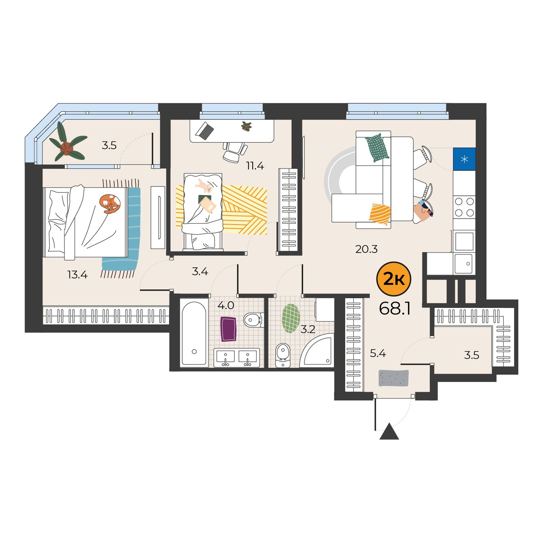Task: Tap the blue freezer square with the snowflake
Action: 464,159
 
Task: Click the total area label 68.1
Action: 394,309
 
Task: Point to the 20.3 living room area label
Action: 367,249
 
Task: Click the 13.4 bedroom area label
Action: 77,274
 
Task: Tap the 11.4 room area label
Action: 255,166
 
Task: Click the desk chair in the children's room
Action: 235,152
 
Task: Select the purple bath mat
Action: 228,329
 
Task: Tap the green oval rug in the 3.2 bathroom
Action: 291,318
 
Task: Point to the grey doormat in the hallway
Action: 394,378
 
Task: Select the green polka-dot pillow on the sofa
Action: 377,147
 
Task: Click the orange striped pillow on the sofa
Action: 380,214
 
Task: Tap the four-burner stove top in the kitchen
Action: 464,207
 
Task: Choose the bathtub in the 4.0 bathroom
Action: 194,333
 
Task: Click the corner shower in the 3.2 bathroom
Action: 316,350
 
